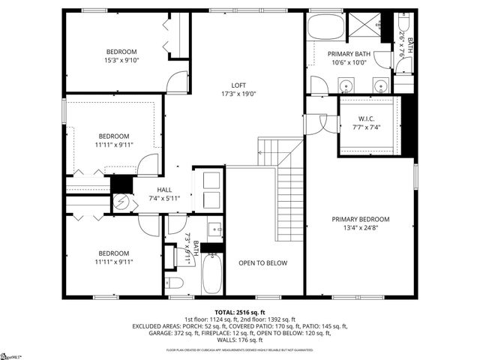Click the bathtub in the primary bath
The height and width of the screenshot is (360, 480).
point(325,28)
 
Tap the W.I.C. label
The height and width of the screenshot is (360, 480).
point(367,118)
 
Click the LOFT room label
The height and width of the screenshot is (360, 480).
point(238,85)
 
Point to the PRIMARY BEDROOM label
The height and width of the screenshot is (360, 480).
point(361,219)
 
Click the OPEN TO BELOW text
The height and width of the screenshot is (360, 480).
point(262,262)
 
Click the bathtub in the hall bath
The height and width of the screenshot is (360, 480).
point(213,273)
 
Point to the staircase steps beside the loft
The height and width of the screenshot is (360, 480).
point(288,202)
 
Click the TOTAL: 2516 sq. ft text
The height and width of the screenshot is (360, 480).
point(239,312)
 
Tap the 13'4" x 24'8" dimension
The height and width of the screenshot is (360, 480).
point(361,228)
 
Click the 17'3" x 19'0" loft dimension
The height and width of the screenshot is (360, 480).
point(238,94)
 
